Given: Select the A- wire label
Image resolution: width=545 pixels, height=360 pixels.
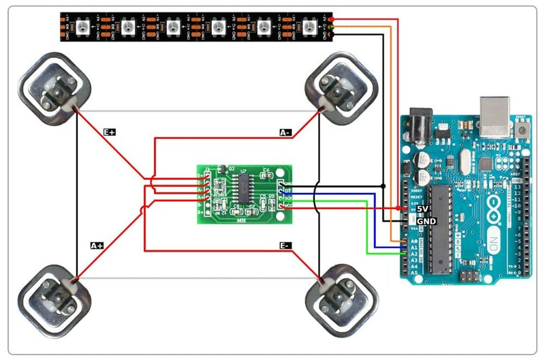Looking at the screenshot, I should tap(286, 132).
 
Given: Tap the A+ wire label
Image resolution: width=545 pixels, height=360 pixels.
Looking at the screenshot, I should tap(97, 245).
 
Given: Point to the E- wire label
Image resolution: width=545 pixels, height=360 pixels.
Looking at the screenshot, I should tap(285, 245).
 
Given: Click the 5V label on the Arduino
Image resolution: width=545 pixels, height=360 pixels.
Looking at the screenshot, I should tap(422, 208).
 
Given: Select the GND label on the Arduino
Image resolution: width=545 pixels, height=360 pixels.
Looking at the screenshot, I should tap(426, 222).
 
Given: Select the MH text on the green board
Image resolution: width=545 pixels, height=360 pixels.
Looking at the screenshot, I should tap(240, 220).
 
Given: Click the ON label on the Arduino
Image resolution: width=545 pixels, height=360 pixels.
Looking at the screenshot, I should tap(493, 245).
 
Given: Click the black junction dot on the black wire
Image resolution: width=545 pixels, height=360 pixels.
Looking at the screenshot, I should tap(383, 185).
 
